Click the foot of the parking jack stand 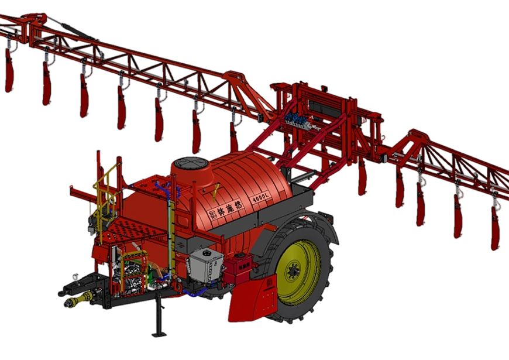(159, 334)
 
